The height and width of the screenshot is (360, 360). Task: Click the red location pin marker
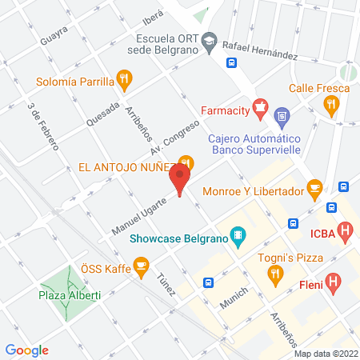pos(180,180)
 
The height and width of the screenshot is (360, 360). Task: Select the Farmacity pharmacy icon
pos(258,106)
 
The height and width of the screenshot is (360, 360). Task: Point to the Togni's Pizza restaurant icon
pos(276,274)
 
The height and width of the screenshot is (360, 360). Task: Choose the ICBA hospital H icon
pos(345,233)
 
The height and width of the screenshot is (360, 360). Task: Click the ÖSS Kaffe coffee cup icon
pos(142,263)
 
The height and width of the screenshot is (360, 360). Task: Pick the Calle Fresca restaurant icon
pos(330,103)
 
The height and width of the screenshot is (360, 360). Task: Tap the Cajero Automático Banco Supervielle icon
pos(282,118)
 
